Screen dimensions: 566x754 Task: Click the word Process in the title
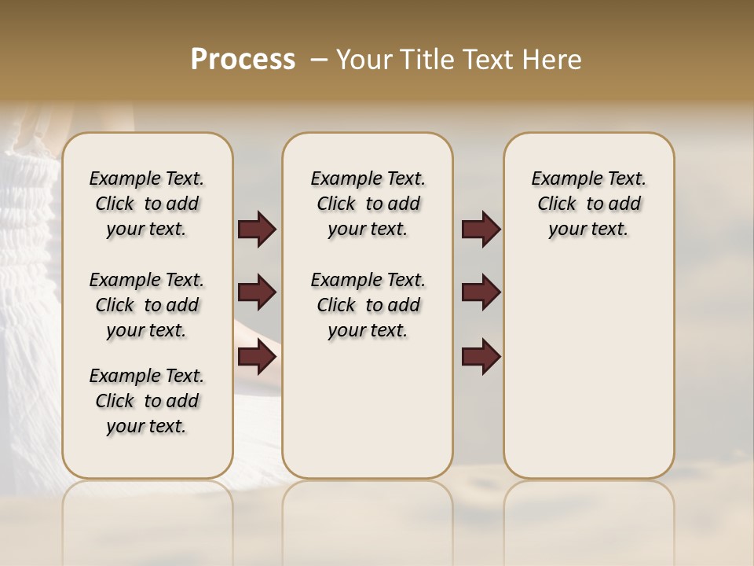(243, 60)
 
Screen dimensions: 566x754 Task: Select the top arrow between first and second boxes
(257, 230)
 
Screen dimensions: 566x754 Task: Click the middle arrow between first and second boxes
(257, 292)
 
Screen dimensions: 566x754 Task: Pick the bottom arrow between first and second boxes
(257, 358)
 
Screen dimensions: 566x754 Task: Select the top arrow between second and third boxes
(481, 230)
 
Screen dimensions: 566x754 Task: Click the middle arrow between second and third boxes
(481, 292)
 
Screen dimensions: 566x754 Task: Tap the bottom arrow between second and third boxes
(481, 358)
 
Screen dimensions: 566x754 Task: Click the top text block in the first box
(147, 204)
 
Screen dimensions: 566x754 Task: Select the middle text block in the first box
(147, 305)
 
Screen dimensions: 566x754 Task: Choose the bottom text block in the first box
(147, 401)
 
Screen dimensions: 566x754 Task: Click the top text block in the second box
(368, 204)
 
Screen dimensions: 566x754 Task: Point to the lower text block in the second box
(368, 305)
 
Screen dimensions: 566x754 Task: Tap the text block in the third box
(588, 204)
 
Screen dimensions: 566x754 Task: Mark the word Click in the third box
(557, 204)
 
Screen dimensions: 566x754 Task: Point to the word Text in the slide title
(484, 60)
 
